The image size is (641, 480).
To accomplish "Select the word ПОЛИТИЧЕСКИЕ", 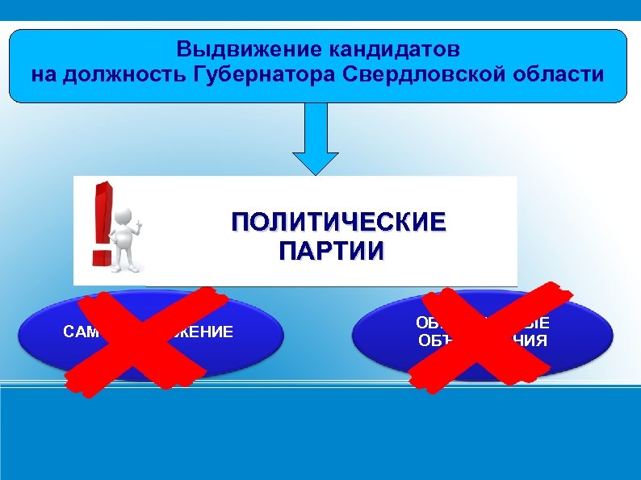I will (337, 222).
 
